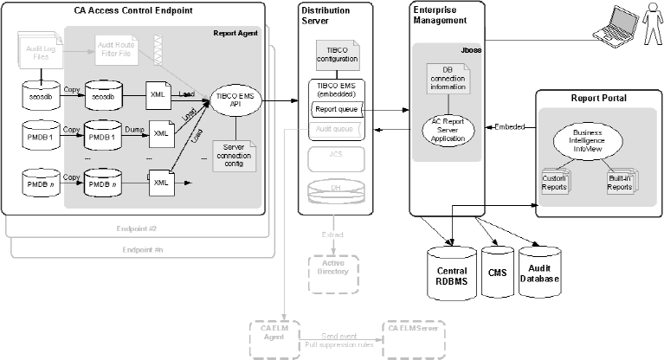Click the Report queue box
pyautogui.click(x=337, y=110)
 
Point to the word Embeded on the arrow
pyautogui.click(x=509, y=126)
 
